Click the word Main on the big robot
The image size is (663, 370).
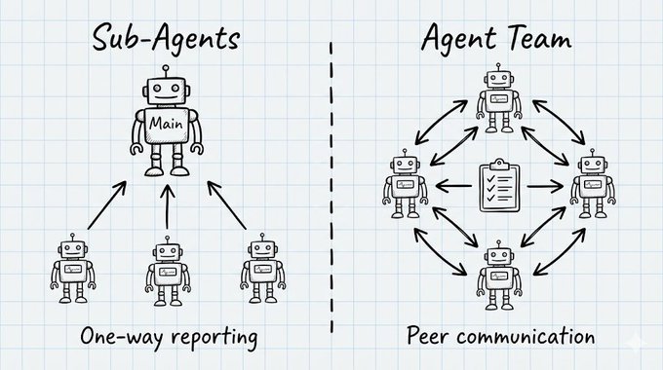tap(166, 124)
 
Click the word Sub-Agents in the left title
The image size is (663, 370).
tap(166, 39)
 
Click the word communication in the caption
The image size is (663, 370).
tap(526, 337)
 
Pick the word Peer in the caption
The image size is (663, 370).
tap(428, 336)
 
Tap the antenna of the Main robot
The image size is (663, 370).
tap(166, 71)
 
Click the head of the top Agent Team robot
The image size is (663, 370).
tap(499, 79)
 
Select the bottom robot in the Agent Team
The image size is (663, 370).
tap(499, 275)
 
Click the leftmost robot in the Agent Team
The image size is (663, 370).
tap(405, 184)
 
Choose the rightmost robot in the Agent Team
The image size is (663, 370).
tap(593, 184)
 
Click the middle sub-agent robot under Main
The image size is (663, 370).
tap(168, 271)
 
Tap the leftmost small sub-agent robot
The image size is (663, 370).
tap(73, 268)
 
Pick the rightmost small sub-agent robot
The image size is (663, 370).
tap(262, 268)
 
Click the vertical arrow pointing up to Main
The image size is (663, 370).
tap(168, 207)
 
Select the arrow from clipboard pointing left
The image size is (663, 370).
tap(453, 185)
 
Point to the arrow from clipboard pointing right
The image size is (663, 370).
tap(545, 186)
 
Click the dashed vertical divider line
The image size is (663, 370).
tap(331, 186)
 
